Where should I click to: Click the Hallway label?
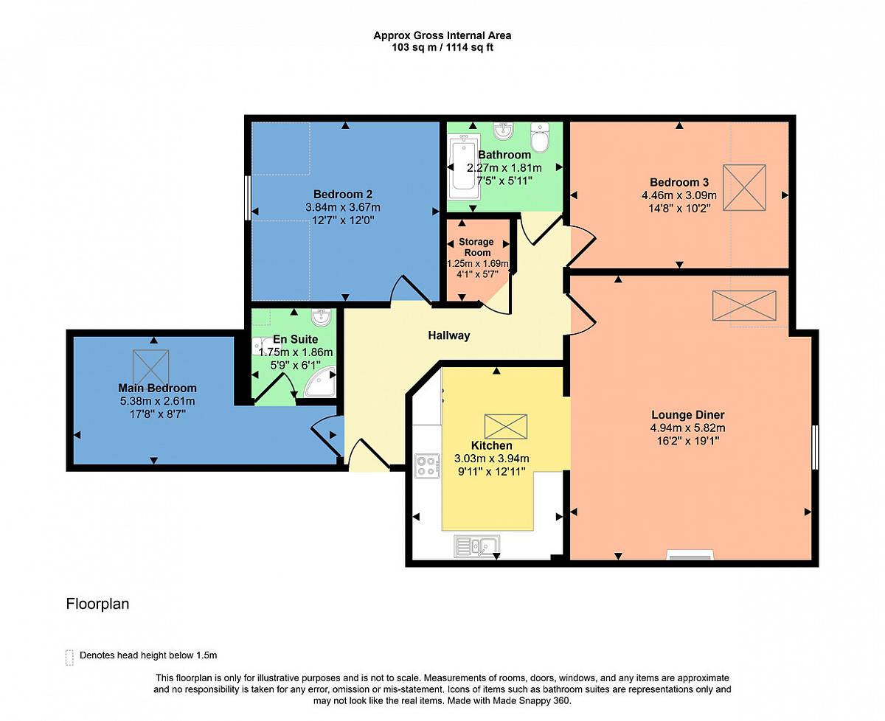(448, 335)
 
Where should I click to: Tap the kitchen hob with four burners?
(427, 466)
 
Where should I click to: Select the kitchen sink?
(476, 546)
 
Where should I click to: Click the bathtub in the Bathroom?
(464, 167)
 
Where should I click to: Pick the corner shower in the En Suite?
(320, 382)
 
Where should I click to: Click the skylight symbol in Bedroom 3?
(744, 188)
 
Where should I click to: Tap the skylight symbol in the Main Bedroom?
(151, 369)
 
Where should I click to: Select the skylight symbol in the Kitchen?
(506, 427)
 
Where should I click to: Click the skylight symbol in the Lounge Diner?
(744, 306)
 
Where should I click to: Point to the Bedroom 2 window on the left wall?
(248, 198)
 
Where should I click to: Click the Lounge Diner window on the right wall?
(815, 447)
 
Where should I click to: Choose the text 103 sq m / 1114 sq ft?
(442, 47)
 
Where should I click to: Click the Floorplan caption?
(97, 604)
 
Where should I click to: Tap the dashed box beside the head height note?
(69, 658)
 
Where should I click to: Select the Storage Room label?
(476, 247)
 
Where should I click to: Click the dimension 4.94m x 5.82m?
(687, 428)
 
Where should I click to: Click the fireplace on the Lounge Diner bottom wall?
(690, 555)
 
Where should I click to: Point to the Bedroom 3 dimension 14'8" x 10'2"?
(679, 208)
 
